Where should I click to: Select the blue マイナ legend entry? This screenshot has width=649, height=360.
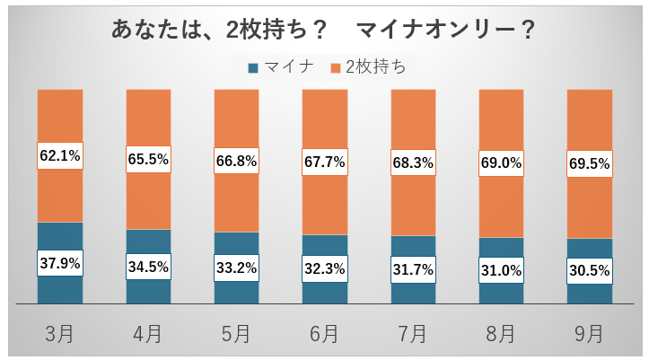279,66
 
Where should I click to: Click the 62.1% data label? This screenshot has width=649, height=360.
59,155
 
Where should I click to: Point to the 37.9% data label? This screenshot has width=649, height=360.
59,263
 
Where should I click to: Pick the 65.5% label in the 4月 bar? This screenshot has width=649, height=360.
147,159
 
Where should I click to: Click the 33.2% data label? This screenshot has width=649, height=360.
235,267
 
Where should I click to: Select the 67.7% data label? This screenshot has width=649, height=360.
323,163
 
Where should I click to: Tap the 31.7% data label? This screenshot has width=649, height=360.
411,268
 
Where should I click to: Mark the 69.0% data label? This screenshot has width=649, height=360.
499,164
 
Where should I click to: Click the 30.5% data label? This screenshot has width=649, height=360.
589,270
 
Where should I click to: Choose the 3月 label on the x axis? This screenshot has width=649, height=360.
59,333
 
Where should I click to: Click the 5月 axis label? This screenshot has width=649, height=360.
235,333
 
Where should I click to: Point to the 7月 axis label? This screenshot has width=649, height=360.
411,333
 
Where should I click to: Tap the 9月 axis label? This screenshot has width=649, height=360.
589,333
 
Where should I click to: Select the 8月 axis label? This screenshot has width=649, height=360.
499,333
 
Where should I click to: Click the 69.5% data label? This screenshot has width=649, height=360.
589,165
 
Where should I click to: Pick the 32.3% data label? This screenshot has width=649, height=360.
323,268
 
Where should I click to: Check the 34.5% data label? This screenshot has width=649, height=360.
147,266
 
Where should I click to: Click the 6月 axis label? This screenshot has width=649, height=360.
323,333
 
